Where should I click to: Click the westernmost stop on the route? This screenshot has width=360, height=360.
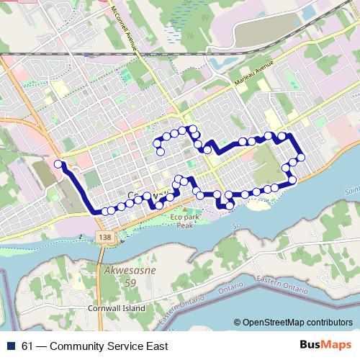point(58,164)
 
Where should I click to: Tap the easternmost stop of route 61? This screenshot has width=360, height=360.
point(301,157)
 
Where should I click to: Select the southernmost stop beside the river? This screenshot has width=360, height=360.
point(230,206)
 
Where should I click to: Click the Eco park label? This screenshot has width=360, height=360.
point(184,217)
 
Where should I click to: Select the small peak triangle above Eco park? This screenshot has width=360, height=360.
point(179,208)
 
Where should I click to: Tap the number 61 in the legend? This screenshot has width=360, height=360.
point(27,346)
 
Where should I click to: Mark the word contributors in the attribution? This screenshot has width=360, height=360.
point(330,323)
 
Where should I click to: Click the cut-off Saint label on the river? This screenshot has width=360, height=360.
point(352,191)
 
